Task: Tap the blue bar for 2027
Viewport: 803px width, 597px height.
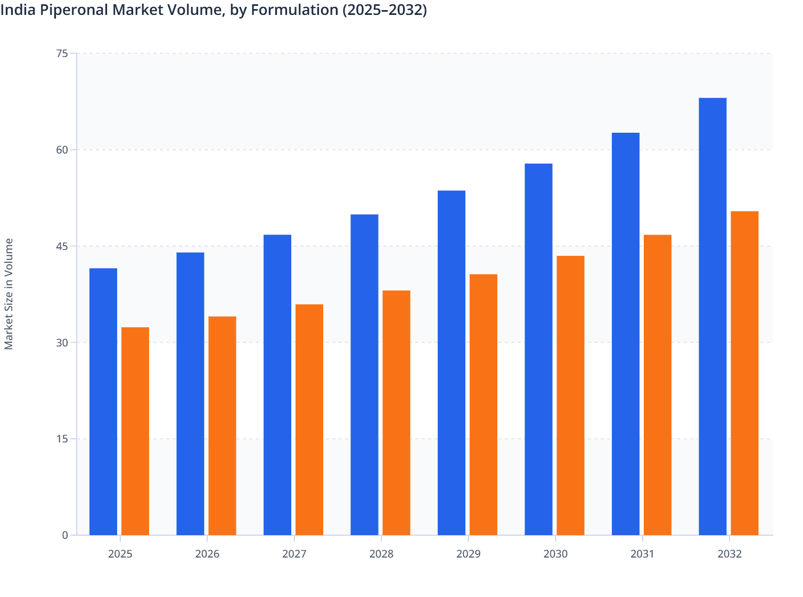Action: click(x=277, y=384)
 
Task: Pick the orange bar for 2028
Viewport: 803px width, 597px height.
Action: click(x=396, y=413)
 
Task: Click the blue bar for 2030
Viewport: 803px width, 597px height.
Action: click(x=538, y=349)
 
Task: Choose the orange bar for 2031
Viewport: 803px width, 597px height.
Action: click(x=658, y=384)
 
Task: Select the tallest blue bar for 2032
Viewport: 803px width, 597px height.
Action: click(x=712, y=316)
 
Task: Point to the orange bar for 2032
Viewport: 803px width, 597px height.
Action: click(x=744, y=373)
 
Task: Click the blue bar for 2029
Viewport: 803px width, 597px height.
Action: click(x=452, y=362)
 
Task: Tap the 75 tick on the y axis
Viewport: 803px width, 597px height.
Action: click(x=62, y=53)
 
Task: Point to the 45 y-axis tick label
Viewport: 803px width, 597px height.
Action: click(x=62, y=246)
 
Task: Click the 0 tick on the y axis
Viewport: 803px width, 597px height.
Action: click(x=65, y=535)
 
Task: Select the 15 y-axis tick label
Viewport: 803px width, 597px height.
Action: click(x=62, y=439)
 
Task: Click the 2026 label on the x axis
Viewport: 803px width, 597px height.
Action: click(x=207, y=554)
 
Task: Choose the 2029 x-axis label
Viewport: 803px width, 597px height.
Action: click(x=469, y=554)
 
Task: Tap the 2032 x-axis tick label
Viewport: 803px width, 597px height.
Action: click(x=730, y=554)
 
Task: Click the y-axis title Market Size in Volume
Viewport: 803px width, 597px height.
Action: click(x=9, y=294)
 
